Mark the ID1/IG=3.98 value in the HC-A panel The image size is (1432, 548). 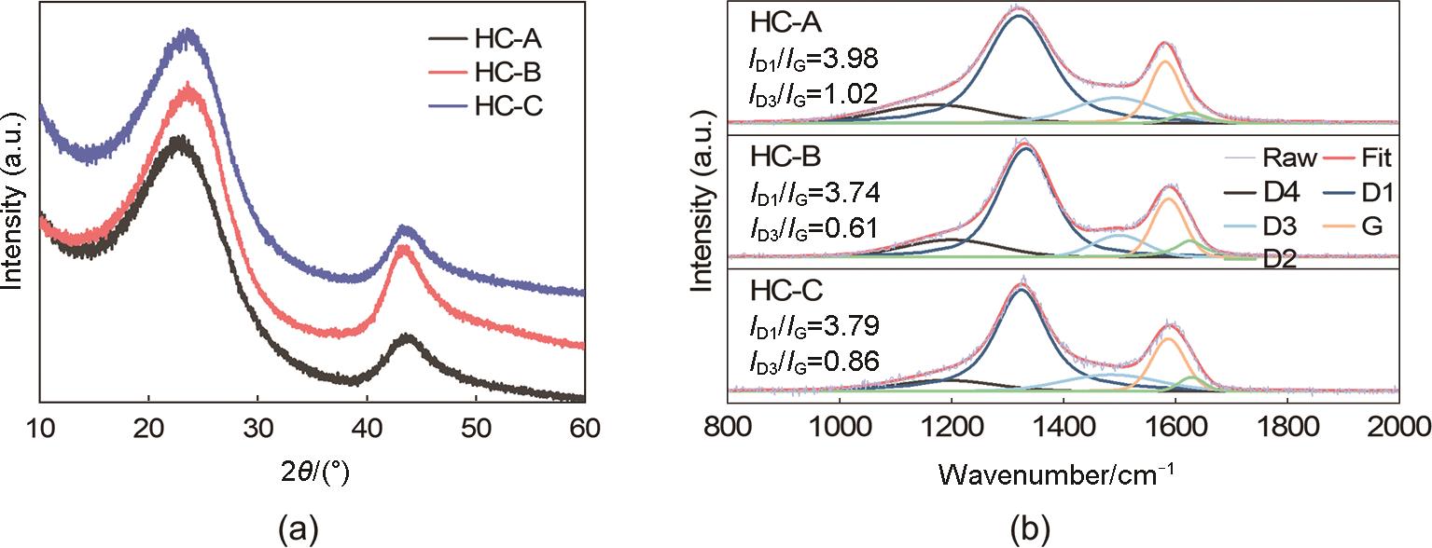pyautogui.click(x=813, y=62)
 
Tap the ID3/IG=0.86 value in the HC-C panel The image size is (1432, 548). pyautogui.click(x=813, y=358)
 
